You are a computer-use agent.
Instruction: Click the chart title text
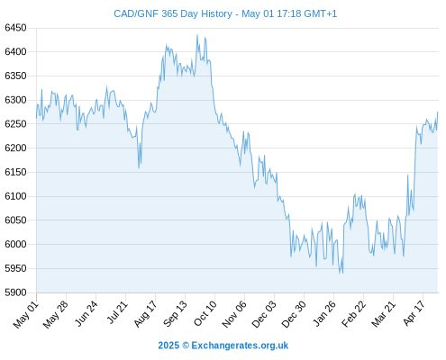pos(225,13)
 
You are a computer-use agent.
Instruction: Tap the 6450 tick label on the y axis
pos(15,28)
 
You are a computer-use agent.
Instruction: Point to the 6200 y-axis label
pos(15,148)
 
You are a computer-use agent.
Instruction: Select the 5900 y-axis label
pos(15,292)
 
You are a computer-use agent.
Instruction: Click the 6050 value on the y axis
pos(15,220)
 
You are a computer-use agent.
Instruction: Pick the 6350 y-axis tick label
pos(15,76)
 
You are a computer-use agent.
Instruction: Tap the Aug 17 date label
pos(145,314)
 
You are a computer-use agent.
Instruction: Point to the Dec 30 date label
pos(294,314)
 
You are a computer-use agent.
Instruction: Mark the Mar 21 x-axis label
pos(384,314)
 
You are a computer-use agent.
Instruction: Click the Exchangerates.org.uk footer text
pos(240,346)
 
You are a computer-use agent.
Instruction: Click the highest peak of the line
pos(197,35)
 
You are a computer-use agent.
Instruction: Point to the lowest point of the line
pos(342,273)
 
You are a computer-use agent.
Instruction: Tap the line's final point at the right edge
pos(438,112)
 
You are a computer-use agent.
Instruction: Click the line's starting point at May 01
pos(36,118)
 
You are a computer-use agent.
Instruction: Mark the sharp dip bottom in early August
pos(139,167)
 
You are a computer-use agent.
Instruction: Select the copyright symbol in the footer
pos(186,346)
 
